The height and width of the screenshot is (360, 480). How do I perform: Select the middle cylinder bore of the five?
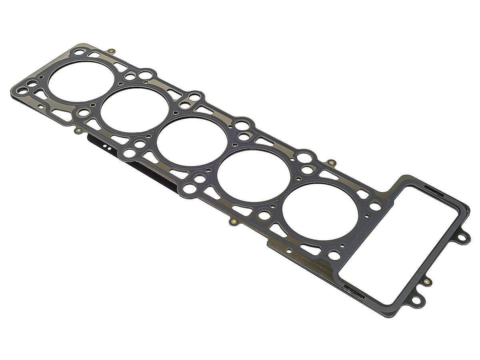point(192,141)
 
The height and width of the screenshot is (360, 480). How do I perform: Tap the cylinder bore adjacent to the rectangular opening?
point(320,212)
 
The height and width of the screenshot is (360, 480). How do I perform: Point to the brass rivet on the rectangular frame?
point(427,282)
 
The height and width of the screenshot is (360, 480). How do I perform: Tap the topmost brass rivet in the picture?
point(112,51)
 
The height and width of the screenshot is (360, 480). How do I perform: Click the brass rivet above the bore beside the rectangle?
point(331,163)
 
